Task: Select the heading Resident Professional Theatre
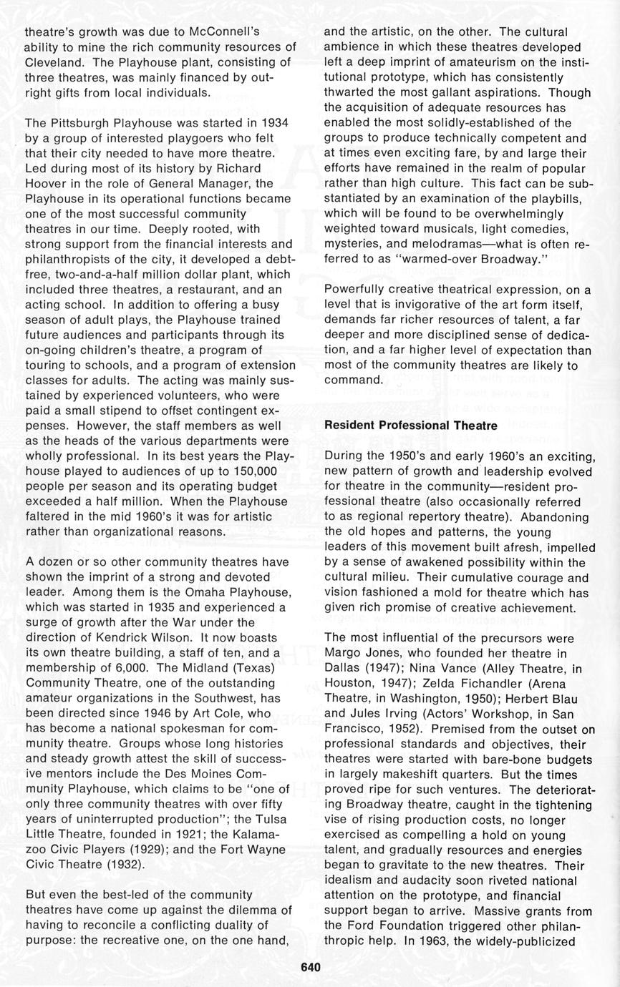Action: [410, 425]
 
